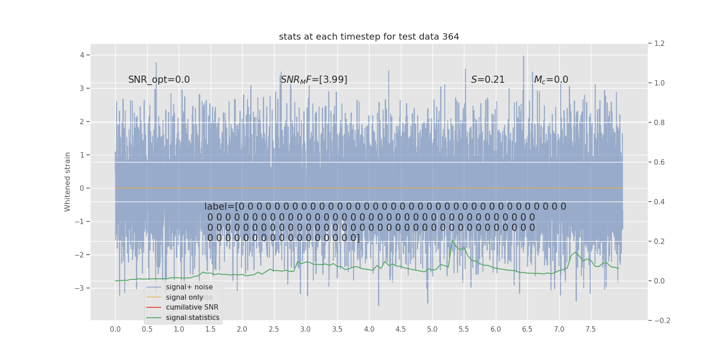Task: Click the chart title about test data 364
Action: point(369,37)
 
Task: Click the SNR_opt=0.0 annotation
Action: point(159,80)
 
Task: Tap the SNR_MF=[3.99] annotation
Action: point(314,80)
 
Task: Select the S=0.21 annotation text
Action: point(488,80)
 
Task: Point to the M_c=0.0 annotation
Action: point(551,80)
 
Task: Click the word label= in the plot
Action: point(220,207)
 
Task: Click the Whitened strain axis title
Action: point(67,182)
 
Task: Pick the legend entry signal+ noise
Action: point(189,287)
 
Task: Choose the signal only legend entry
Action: point(184,297)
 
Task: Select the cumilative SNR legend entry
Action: point(192,307)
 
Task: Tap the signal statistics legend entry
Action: point(193,318)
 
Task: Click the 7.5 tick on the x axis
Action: point(590,329)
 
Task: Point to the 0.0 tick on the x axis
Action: point(115,329)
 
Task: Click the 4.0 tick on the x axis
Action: point(369,329)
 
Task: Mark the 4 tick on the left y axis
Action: point(82,55)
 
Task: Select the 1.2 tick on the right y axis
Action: point(659,44)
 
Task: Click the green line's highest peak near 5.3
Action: point(453,240)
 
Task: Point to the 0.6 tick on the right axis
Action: point(659,162)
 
